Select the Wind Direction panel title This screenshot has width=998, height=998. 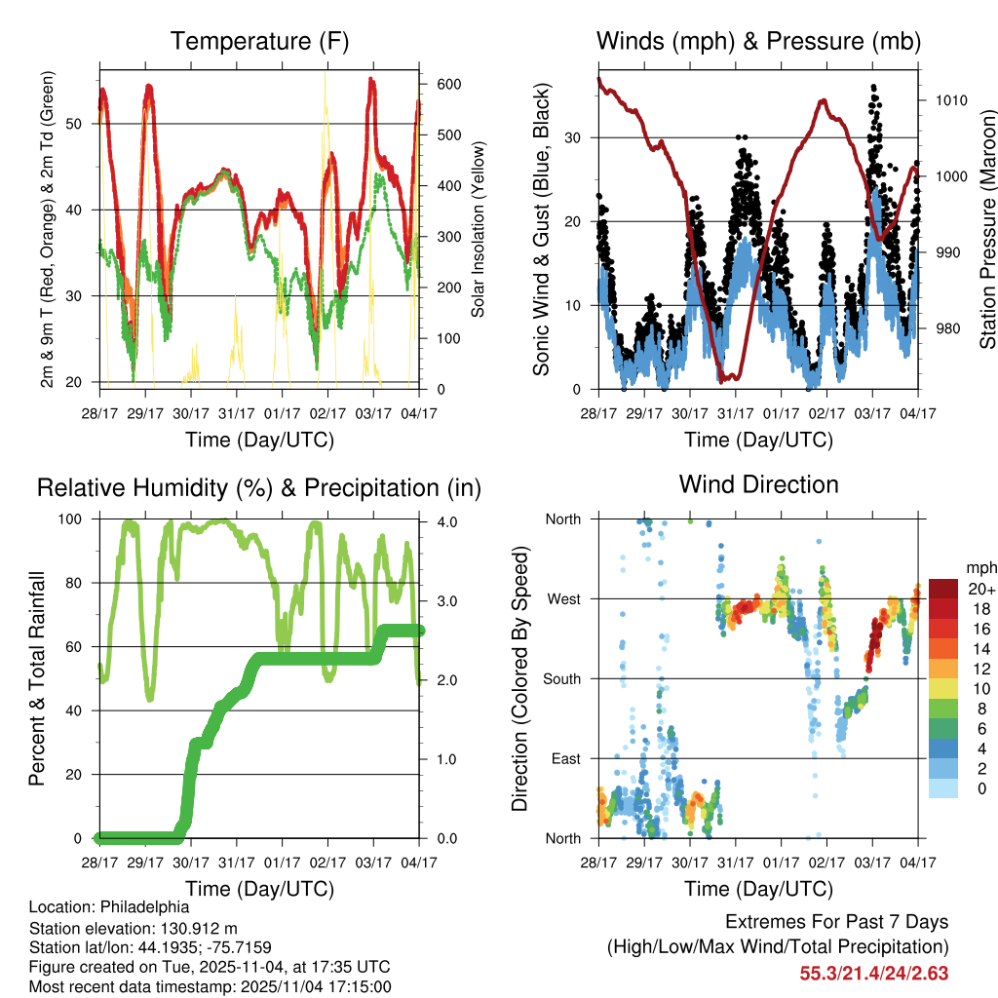pos(758,483)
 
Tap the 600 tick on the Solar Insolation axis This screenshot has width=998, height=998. pos(448,85)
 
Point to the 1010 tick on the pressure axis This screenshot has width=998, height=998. pos(949,100)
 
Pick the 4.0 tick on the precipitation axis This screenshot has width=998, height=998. pos(448,522)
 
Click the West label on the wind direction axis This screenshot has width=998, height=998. pos(563,598)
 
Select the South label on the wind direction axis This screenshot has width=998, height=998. pos(561,678)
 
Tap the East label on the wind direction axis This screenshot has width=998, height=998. pos(565,758)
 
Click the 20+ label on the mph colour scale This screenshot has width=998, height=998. pos(980,589)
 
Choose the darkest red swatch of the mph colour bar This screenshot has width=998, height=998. pos(942,589)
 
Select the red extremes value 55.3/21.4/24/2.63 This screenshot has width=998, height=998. pos(874,973)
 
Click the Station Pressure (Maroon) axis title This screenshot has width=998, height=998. pos(987,229)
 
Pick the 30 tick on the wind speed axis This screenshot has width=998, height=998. pos(575,137)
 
